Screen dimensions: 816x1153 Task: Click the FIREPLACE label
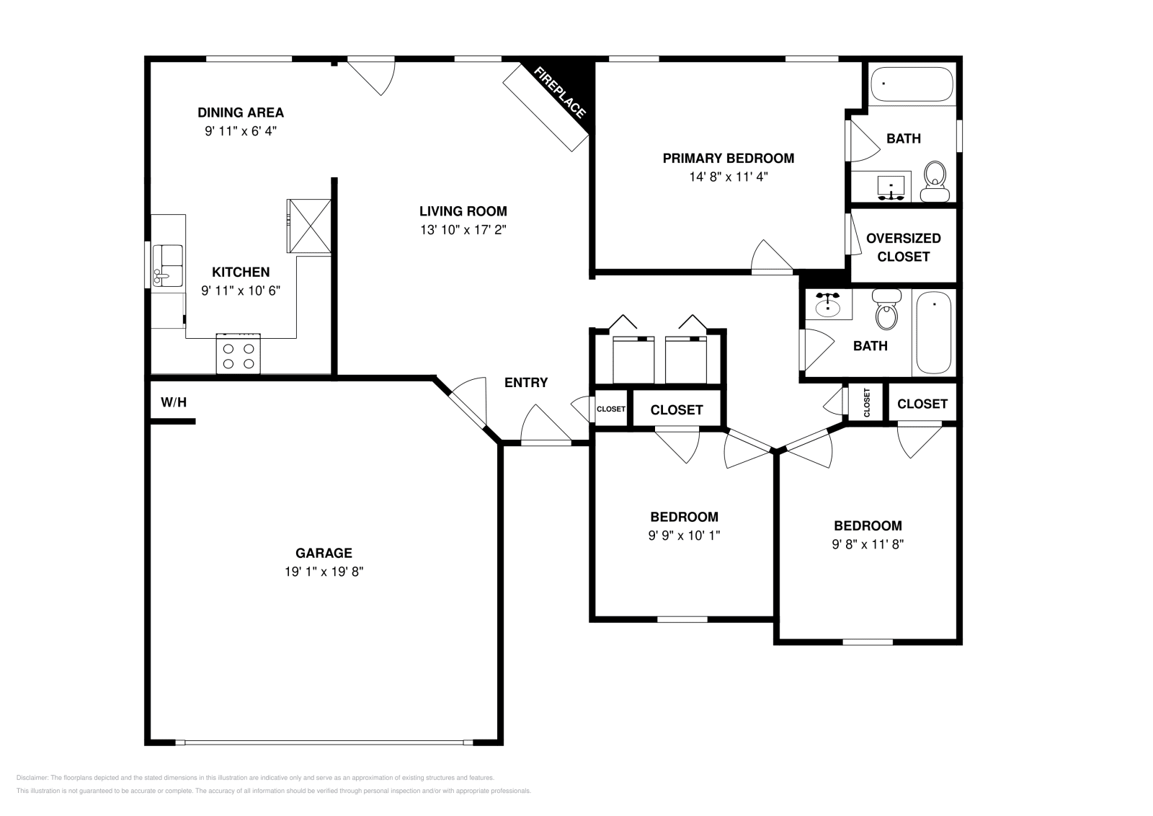pyautogui.click(x=560, y=92)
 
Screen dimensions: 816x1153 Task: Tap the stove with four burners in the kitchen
pyautogui.click(x=239, y=354)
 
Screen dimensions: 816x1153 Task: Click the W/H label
pyautogui.click(x=173, y=402)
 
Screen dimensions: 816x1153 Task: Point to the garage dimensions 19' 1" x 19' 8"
pyautogui.click(x=324, y=572)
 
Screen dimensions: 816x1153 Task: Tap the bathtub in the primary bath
pyautogui.click(x=912, y=84)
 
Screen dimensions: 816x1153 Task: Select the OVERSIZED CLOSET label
pyautogui.click(x=903, y=247)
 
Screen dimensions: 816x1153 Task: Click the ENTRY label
pyautogui.click(x=525, y=383)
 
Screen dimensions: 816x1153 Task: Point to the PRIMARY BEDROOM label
pyautogui.click(x=728, y=158)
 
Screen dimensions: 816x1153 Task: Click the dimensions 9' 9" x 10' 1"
pyautogui.click(x=684, y=536)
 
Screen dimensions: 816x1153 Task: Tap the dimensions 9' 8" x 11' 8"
pyautogui.click(x=868, y=544)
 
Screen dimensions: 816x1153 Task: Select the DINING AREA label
pyautogui.click(x=241, y=112)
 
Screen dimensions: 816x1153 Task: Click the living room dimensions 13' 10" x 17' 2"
pyautogui.click(x=463, y=230)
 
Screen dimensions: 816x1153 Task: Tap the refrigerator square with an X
pyautogui.click(x=309, y=226)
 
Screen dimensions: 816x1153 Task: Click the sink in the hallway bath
pyautogui.click(x=828, y=305)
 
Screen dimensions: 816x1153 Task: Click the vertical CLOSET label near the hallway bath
pyautogui.click(x=867, y=402)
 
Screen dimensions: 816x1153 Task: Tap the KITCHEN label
pyautogui.click(x=241, y=272)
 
